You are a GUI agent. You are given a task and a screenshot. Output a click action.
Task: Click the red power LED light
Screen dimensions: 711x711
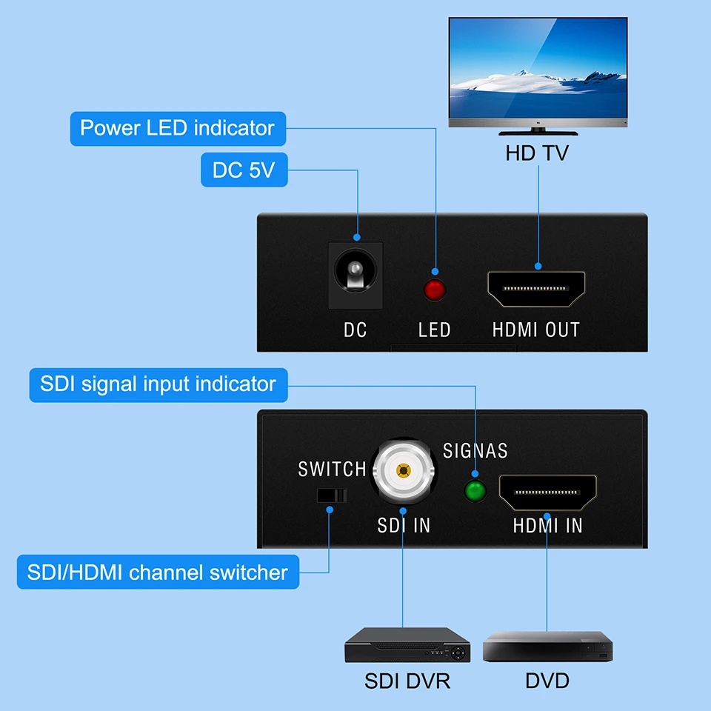coord(435,290)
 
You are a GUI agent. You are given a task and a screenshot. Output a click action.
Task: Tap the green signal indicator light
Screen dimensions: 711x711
coord(474,490)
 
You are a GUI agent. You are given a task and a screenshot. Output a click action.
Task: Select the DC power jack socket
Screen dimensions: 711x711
coord(355,274)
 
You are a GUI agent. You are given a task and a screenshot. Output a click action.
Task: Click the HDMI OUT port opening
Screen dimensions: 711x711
coord(536,289)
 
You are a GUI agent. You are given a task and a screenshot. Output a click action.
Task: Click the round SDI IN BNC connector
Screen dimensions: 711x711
coord(403,471)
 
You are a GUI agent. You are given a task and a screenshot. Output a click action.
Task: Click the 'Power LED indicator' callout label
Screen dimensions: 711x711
coord(177,128)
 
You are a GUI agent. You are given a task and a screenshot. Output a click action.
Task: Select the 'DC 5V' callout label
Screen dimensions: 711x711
coord(244,170)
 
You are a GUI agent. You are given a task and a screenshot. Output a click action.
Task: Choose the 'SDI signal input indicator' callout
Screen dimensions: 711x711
coord(158,384)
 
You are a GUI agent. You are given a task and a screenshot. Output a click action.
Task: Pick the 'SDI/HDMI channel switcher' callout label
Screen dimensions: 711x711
coord(157,573)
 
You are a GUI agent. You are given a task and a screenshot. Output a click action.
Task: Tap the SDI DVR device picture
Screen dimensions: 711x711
coord(407,645)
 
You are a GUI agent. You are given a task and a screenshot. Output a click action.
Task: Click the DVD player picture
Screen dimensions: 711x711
coord(548,647)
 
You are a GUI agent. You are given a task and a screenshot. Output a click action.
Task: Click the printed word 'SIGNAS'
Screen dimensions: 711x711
coord(475,450)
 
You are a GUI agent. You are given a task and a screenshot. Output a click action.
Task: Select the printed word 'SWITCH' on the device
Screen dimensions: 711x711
coord(333,469)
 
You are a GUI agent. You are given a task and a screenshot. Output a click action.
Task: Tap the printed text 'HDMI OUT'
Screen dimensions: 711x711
coord(536,330)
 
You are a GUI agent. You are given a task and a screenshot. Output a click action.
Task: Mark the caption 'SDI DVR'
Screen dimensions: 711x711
coord(407,681)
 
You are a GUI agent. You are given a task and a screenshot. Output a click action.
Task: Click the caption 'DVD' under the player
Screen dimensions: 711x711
coord(547,680)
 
